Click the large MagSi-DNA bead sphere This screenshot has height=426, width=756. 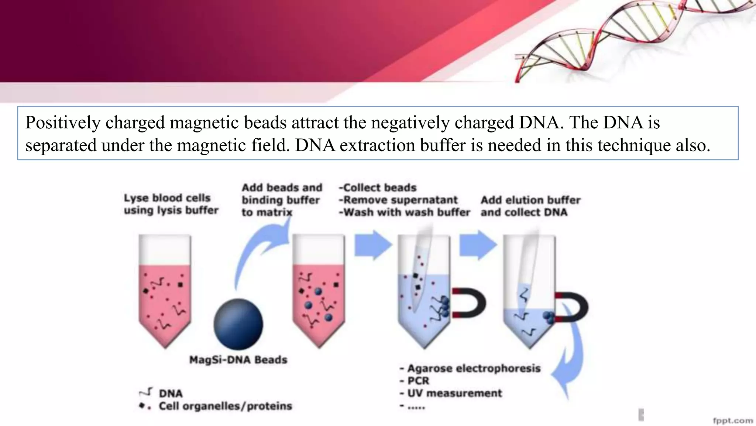click(x=238, y=324)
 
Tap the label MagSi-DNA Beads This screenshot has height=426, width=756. click(x=238, y=360)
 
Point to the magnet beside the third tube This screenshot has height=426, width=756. click(x=470, y=303)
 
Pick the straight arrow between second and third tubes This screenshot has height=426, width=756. click(x=373, y=244)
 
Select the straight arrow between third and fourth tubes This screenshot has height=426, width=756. click(x=478, y=244)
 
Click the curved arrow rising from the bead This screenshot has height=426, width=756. click(x=258, y=251)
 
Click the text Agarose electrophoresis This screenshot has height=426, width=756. click(x=474, y=368)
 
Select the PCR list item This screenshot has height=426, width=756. click(x=418, y=381)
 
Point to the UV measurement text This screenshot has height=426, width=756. click(x=454, y=393)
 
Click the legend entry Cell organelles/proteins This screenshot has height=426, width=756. click(x=225, y=406)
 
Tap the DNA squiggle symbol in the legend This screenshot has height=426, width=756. click(x=146, y=392)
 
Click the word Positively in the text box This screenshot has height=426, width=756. click(x=63, y=122)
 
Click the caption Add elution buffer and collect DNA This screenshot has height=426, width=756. click(x=530, y=206)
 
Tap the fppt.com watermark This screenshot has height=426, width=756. click(x=732, y=420)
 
